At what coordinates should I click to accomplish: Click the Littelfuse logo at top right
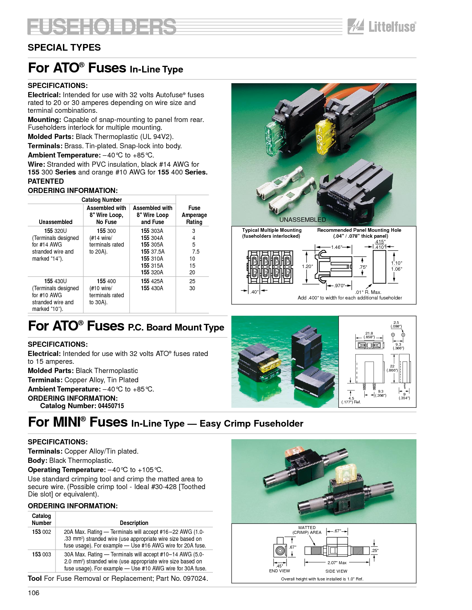(382, 27)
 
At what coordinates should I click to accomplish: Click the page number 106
(34, 593)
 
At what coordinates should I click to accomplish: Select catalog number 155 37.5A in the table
(153, 251)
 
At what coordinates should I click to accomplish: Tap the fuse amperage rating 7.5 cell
(196, 251)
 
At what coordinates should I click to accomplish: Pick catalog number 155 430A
(152, 288)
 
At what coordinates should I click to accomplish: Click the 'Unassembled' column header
(56, 222)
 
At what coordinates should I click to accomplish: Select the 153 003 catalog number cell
(41, 554)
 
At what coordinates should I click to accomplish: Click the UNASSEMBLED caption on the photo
(302, 220)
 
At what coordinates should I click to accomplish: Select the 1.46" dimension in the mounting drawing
(337, 247)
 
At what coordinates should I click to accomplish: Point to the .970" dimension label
(339, 285)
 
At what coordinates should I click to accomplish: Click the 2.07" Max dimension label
(337, 563)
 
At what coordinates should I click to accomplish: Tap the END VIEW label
(279, 571)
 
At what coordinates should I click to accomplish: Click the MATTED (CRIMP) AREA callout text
(307, 530)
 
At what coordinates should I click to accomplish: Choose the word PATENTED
(46, 181)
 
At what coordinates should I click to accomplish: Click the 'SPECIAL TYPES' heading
(64, 47)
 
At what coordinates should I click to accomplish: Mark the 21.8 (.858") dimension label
(369, 335)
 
